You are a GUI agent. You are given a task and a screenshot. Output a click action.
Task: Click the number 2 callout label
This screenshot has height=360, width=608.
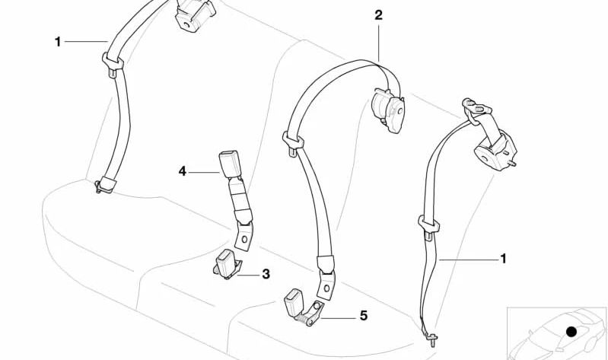tap(379, 14)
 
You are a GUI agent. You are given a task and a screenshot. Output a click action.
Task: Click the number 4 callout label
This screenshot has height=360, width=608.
tap(183, 172)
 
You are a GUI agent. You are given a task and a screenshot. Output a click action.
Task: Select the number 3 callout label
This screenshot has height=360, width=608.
tap(266, 273)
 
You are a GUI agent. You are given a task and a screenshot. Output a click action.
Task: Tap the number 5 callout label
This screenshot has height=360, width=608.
tap(363, 315)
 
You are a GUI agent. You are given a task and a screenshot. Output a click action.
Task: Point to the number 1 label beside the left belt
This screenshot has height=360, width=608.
tap(57, 42)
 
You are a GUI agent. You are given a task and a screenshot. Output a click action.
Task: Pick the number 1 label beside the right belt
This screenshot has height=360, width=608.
tap(502, 259)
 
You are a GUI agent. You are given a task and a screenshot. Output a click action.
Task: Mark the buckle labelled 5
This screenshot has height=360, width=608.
tap(297, 301)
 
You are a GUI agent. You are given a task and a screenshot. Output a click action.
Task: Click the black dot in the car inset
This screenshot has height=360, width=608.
tap(572, 331)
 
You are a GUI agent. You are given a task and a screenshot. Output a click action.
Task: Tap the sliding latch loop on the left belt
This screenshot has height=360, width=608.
tap(112, 61)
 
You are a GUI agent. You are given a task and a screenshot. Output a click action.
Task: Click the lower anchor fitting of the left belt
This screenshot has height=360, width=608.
tap(104, 185)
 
